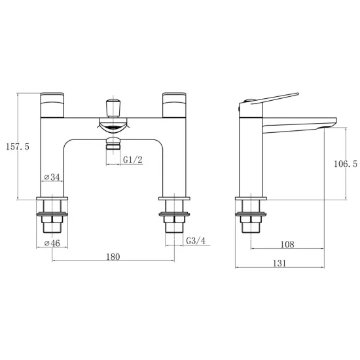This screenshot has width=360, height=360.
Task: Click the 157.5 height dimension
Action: tap(18, 147)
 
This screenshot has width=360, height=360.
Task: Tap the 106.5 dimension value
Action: tap(346, 164)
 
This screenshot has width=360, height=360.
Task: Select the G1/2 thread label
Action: tap(133, 160)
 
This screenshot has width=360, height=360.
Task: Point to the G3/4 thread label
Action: tap(196, 241)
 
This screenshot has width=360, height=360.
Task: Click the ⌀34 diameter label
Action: tap(52, 177)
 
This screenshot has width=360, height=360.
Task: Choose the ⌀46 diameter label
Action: tap(52, 243)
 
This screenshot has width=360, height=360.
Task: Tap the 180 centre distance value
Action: tap(113, 257)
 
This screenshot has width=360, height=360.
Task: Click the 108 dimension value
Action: tap(287, 245)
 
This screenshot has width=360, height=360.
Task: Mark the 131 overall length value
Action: tap(279, 263)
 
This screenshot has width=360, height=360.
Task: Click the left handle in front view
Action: tap(52, 105)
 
